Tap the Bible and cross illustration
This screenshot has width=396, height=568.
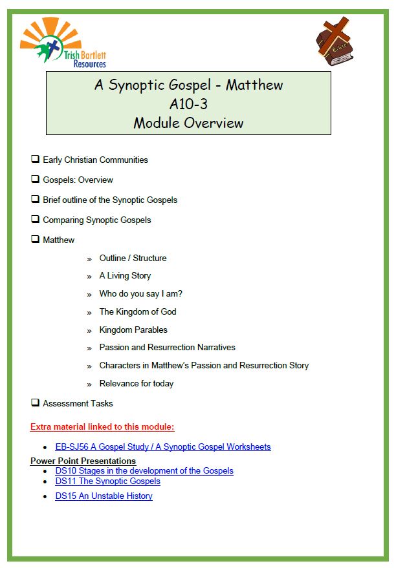pyautogui.click(x=335, y=42)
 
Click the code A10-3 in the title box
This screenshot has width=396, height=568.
pyautogui.click(x=188, y=103)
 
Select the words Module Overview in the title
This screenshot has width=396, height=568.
pyautogui.click(x=188, y=122)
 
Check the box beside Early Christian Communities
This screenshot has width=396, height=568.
pyautogui.click(x=35, y=159)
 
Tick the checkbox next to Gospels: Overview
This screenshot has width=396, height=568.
pyautogui.click(x=35, y=179)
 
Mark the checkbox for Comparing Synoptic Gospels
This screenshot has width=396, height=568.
pyautogui.click(x=35, y=219)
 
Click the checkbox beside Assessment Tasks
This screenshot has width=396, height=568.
pyautogui.click(x=35, y=403)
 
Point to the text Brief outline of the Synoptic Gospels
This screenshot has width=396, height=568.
pyautogui.click(x=109, y=200)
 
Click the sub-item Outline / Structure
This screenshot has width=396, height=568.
pyautogui.click(x=133, y=258)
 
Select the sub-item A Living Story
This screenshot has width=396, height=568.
pyautogui.click(x=125, y=275)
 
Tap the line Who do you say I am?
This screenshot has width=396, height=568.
pyautogui.click(x=140, y=293)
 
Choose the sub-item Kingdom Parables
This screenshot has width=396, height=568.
pyautogui.click(x=133, y=330)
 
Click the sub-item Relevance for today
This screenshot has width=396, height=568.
pyautogui.click(x=136, y=383)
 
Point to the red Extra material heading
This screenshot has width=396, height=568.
pyautogui.click(x=102, y=426)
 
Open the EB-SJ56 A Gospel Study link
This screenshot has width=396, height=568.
pyautogui.click(x=163, y=447)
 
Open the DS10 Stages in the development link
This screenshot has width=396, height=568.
pyautogui.click(x=144, y=470)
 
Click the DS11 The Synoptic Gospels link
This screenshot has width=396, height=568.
pyautogui.click(x=107, y=481)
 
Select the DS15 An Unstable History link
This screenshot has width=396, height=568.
pyautogui.click(x=104, y=496)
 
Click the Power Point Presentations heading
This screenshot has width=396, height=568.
pyautogui.click(x=83, y=461)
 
